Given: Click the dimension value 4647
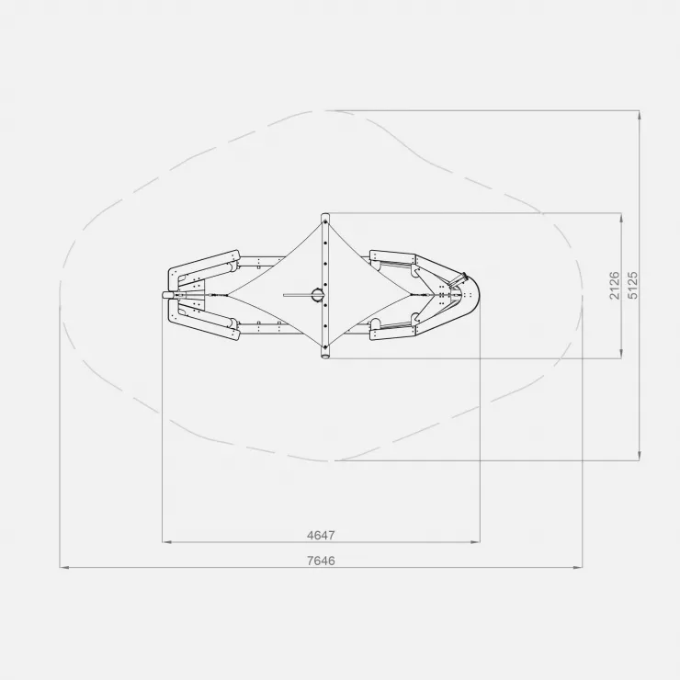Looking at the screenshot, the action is tap(321, 535).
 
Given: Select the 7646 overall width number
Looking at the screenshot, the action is tap(321, 561).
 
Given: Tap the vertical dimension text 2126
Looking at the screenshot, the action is tap(615, 286).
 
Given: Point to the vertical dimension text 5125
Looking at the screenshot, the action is tap(633, 286).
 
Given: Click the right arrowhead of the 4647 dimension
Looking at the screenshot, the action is tap(475, 541).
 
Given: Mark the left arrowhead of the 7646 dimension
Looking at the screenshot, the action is tap(64, 567).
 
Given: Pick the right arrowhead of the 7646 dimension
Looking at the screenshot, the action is tap(578, 567).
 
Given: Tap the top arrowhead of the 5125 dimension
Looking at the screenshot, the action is tap(640, 116).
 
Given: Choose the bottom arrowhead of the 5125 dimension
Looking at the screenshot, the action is tap(640, 456).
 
